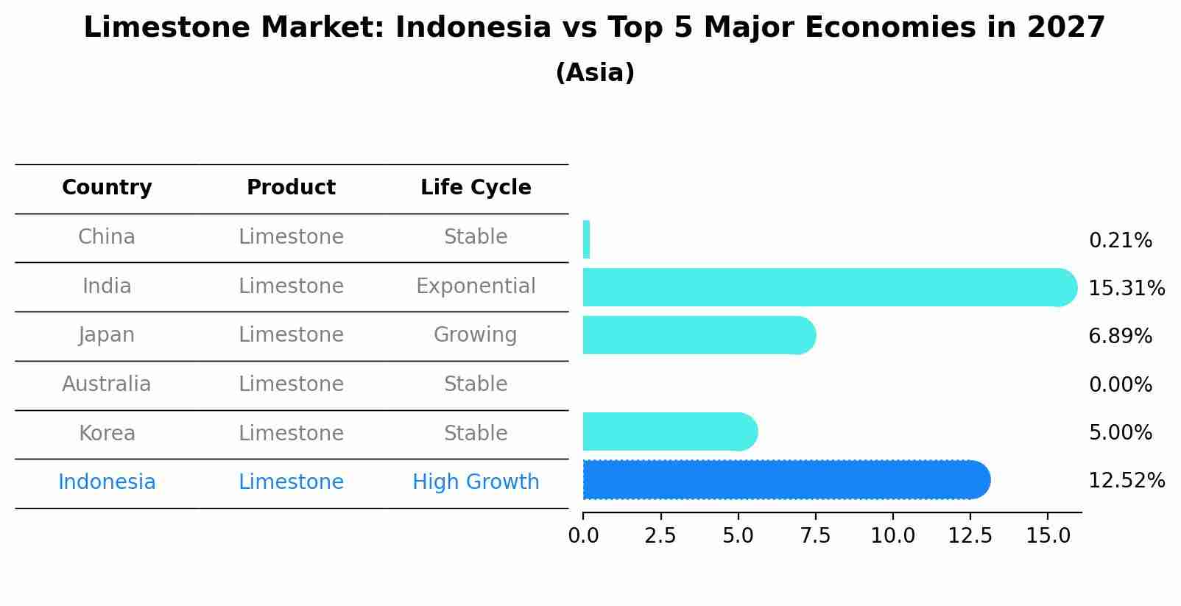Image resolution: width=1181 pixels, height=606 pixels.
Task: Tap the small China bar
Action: click(586, 240)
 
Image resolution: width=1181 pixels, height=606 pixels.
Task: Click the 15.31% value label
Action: click(1126, 288)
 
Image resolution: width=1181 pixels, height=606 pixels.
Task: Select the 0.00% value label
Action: click(1120, 384)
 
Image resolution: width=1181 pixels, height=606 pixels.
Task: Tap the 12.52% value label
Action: click(1126, 481)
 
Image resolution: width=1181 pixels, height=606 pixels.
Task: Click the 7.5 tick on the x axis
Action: click(815, 536)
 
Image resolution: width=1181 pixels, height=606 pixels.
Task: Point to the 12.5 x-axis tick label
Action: click(970, 536)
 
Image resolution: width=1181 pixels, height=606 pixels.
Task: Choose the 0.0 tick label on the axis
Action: click(583, 536)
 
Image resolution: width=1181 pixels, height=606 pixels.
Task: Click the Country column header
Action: click(107, 188)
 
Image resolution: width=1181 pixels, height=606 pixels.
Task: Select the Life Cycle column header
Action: click(476, 188)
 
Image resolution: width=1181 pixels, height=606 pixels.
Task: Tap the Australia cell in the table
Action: click(107, 384)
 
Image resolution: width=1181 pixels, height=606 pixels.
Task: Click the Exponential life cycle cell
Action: click(476, 286)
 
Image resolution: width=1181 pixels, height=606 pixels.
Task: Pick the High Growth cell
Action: click(476, 482)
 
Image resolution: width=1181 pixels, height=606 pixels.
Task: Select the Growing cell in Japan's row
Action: click(476, 335)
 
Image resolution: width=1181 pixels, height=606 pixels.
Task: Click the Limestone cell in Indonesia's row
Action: click(291, 482)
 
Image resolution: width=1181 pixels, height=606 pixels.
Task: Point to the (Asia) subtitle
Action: click(595, 73)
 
